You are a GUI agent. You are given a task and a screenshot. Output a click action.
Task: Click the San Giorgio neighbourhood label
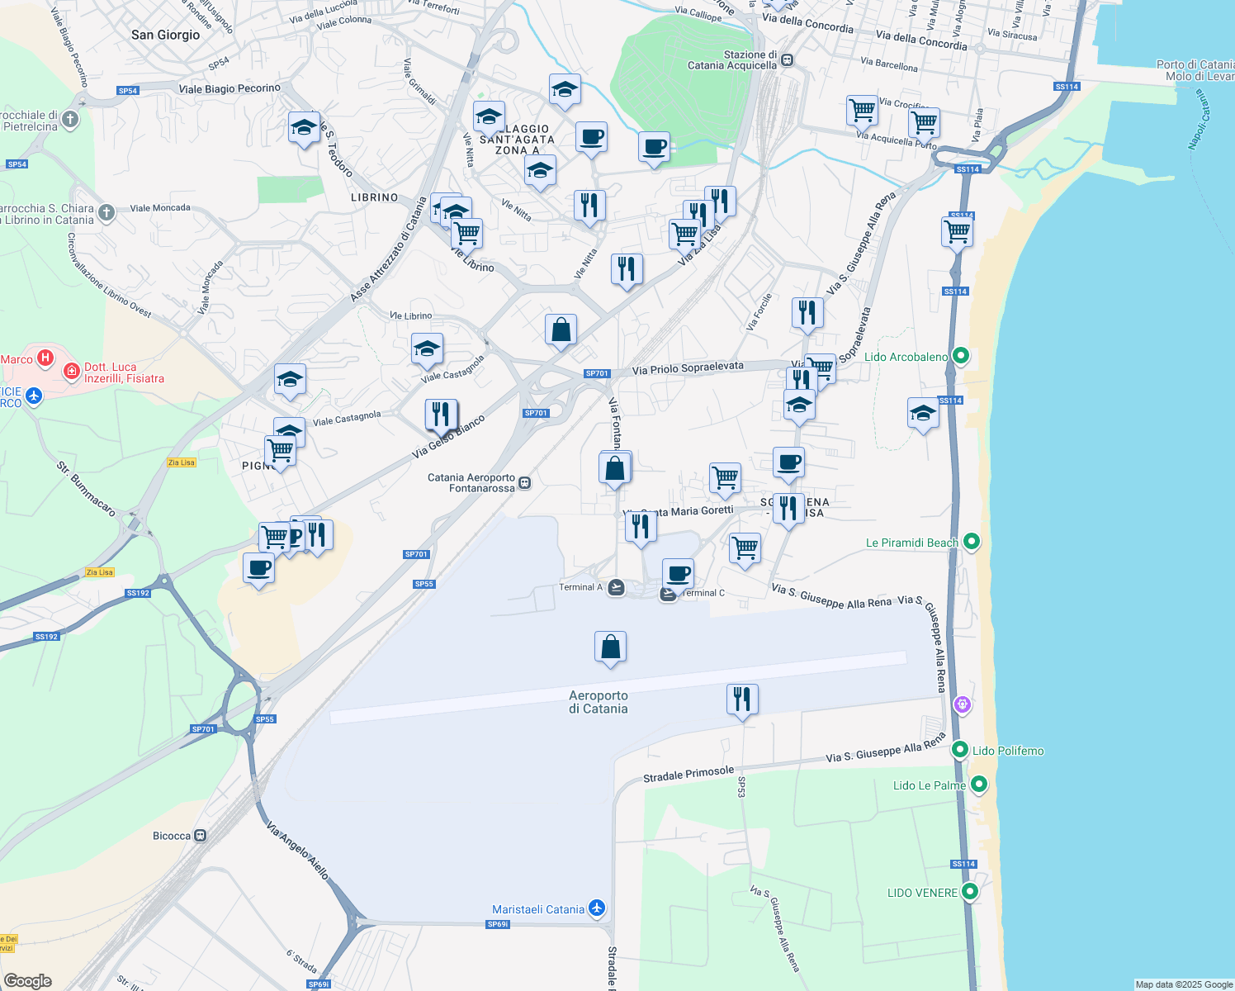[165, 35]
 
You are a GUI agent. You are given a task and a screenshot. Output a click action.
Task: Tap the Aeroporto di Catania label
[598, 702]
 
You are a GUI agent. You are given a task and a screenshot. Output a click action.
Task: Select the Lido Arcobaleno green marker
[960, 356]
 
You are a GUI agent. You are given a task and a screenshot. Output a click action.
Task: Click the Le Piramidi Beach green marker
[972, 542]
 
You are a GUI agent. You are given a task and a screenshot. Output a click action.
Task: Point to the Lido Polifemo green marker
[959, 750]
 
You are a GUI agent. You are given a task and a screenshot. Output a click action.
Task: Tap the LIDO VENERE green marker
[970, 892]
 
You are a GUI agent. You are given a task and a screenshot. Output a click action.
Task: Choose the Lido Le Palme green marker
[978, 785]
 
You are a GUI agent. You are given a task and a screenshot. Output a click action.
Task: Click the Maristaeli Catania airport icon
[596, 908]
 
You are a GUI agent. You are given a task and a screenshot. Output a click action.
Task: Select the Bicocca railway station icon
[200, 836]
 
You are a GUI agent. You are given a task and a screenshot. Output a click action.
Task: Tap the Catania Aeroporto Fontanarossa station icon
[525, 483]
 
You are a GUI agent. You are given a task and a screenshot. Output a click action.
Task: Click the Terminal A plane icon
[616, 587]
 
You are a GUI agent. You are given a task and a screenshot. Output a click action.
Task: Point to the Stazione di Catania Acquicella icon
[788, 59]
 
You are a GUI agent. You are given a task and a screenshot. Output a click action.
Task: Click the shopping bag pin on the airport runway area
[610, 647]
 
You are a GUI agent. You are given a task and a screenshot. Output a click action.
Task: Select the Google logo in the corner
[28, 981]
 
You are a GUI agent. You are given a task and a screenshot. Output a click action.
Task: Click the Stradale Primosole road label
[688, 774]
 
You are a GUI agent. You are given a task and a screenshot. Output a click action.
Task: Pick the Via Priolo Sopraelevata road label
[688, 368]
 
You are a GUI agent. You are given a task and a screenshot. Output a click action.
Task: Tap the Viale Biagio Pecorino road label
[229, 88]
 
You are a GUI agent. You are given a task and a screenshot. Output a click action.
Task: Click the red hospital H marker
[45, 358]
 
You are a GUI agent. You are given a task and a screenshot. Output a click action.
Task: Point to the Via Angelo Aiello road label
[298, 851]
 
